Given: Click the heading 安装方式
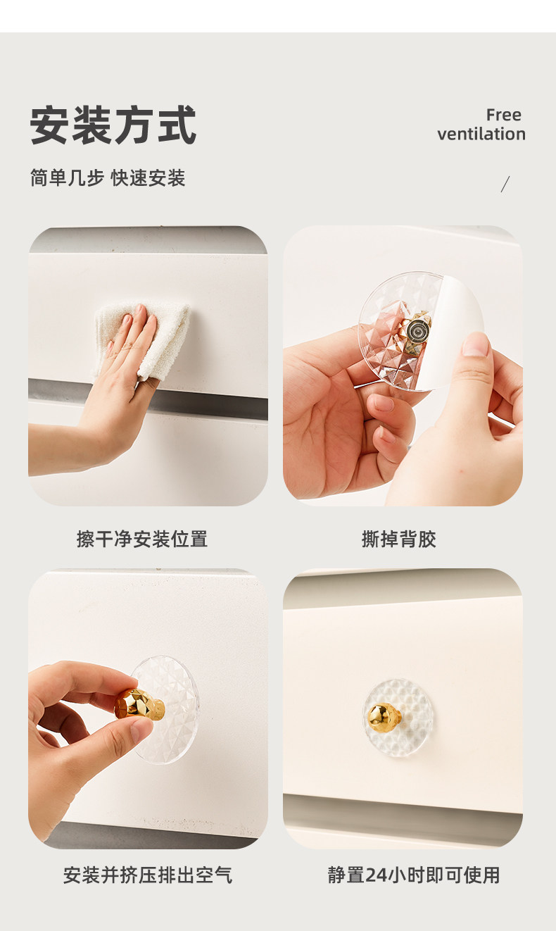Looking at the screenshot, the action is tap(113, 125).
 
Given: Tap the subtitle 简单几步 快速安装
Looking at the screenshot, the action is tap(108, 178).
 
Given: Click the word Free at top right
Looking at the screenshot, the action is tap(504, 115).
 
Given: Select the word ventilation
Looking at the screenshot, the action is tap(481, 134).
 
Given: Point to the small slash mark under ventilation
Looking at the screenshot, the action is tap(505, 184).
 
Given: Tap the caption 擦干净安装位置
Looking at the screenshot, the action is tap(142, 539).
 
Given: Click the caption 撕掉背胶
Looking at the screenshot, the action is tap(398, 539).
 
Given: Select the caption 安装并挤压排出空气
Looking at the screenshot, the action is tap(147, 875).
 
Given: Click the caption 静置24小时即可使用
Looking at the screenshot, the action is tap(414, 875).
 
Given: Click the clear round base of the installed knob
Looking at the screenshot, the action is tap(398, 718).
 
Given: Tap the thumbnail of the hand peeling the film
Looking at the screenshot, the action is tap(403, 365).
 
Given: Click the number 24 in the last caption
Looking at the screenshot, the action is tap(376, 875).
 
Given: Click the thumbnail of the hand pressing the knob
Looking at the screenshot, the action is tap(148, 708).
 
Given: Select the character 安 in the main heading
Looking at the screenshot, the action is tap(50, 125).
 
